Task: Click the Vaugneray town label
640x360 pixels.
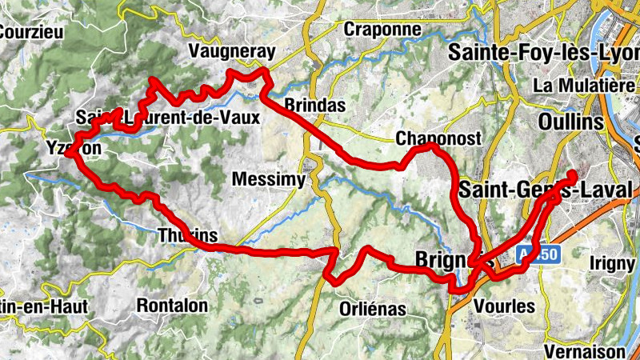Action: pos(231,52)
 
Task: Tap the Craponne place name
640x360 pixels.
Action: pos(382,29)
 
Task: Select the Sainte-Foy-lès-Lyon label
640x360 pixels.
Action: pos(544,53)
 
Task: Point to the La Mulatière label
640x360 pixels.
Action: pos(586,85)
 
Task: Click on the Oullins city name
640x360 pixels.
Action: pos(571,122)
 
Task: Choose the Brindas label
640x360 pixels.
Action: pos(314,106)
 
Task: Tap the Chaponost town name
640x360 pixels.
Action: pos(438,139)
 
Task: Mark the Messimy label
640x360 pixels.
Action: pos(268,180)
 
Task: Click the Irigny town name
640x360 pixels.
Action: pos(611,262)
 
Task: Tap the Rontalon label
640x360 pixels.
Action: pos(172,305)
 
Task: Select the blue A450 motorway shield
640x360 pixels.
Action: pos(535,255)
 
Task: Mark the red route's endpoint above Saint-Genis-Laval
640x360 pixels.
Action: pos(572,175)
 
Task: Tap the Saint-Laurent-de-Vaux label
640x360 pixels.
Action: pos(168,118)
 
